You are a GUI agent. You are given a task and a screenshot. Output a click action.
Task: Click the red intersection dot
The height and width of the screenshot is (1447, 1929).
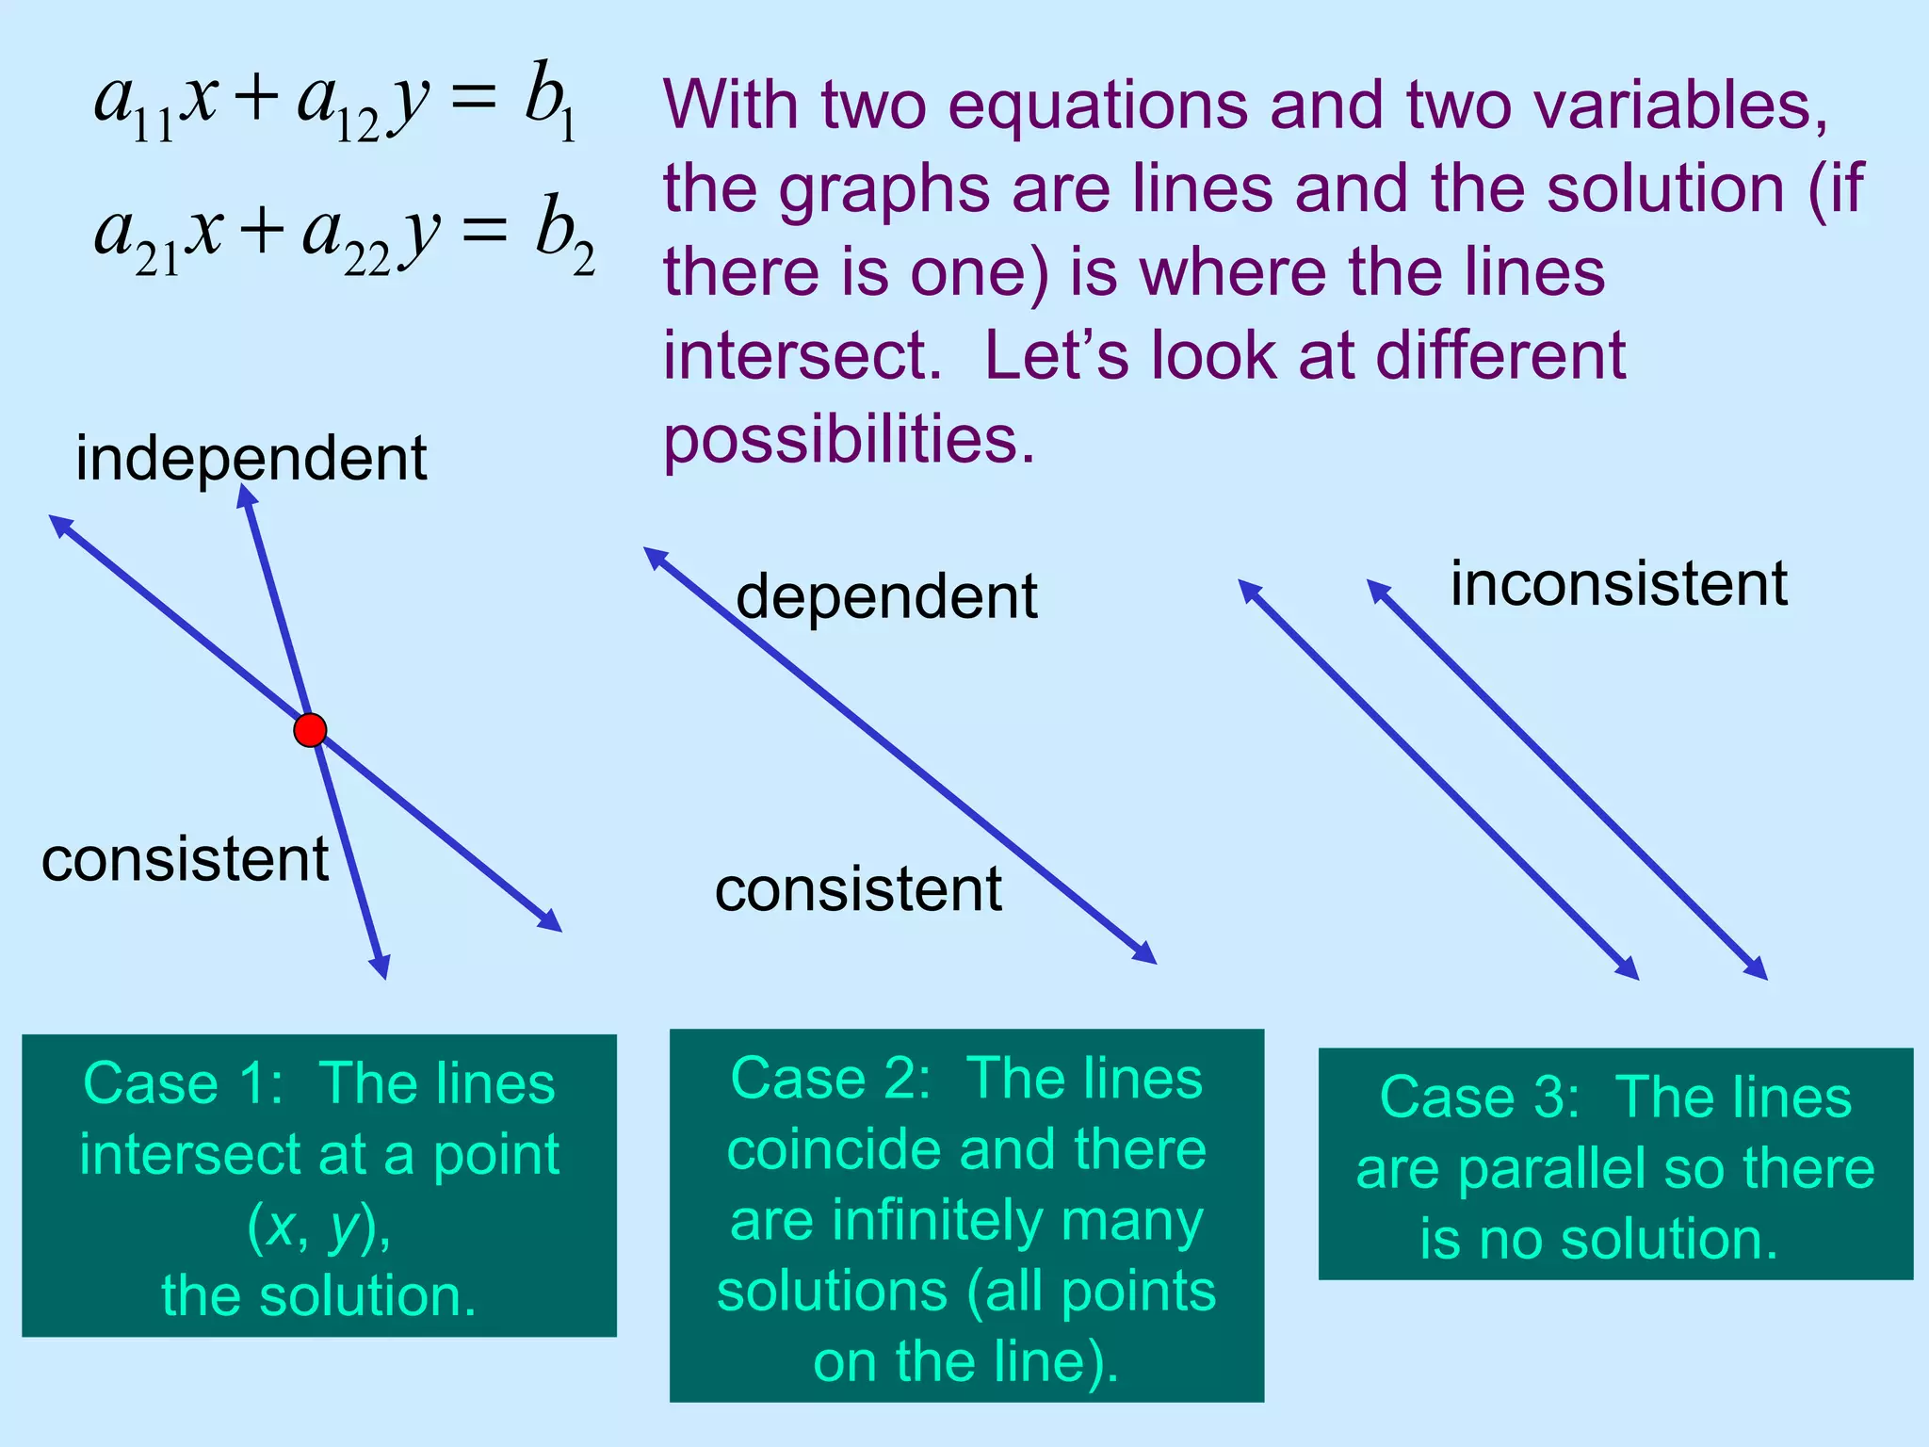(310, 730)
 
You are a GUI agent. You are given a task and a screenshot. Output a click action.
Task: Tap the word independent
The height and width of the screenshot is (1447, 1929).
(251, 459)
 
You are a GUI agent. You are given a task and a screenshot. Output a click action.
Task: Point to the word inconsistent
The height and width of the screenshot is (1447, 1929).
(1618, 584)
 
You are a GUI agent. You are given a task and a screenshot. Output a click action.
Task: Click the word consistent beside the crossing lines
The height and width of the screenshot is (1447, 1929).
(186, 859)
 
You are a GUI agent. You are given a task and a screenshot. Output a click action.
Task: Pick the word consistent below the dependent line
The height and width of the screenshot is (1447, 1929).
(858, 889)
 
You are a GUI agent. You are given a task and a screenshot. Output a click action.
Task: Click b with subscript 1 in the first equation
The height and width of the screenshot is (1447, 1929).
(550, 102)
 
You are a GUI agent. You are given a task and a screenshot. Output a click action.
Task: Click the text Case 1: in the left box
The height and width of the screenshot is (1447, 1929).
(183, 1083)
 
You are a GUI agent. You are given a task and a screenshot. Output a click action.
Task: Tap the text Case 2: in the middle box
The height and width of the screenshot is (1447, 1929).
(830, 1078)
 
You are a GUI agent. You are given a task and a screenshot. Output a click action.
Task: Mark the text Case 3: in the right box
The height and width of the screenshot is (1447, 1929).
(1479, 1097)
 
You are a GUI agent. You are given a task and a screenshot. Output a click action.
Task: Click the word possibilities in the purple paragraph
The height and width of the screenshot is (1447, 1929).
(849, 439)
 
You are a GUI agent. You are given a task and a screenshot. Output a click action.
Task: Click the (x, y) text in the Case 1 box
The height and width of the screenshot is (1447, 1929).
(319, 1226)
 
